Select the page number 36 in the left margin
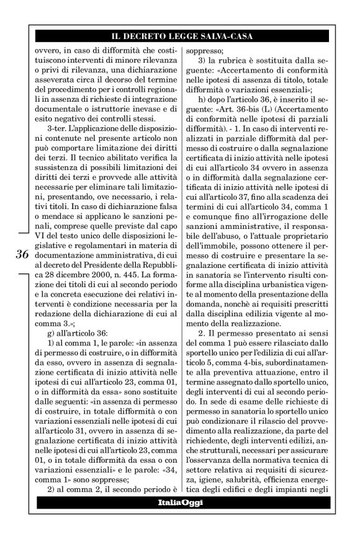click(22, 254)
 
